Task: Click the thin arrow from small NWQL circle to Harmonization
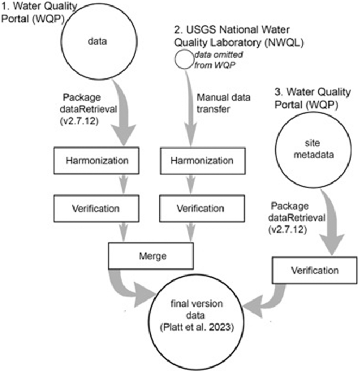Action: pyautogui.click(x=189, y=109)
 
